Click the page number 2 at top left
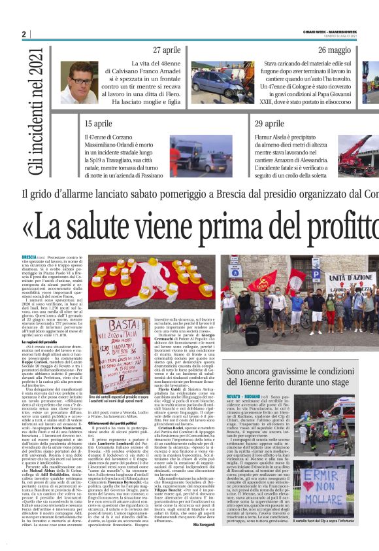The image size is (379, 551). pos(24,34)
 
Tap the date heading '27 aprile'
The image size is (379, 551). pos(167,50)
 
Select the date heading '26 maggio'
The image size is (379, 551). pos(337,50)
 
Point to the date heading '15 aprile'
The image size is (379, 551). pos(98,123)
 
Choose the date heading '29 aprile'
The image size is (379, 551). pos(269,123)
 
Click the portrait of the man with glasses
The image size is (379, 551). pos(82,83)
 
